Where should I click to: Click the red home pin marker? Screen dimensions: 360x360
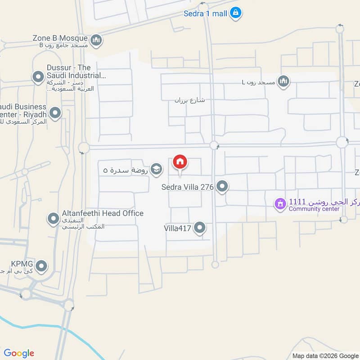pos(180,162)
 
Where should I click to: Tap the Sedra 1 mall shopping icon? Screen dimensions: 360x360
pos(235,13)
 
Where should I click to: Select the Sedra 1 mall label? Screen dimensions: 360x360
pos(205,13)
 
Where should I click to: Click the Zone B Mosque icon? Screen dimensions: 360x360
pos(96,41)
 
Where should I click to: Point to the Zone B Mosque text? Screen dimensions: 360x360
pos(61,38)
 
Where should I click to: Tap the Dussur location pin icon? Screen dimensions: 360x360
pos(38,77)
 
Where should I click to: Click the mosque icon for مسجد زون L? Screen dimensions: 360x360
pos(283,81)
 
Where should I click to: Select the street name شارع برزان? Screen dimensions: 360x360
pos(190,100)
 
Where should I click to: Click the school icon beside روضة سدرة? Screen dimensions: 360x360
pos(156,169)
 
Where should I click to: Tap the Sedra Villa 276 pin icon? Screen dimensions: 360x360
pos(222,186)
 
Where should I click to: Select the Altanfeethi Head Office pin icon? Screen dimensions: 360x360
pos(54,219)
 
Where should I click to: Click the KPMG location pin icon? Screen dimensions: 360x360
pos(42,266)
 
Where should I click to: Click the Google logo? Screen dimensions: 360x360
pos(19,353)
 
